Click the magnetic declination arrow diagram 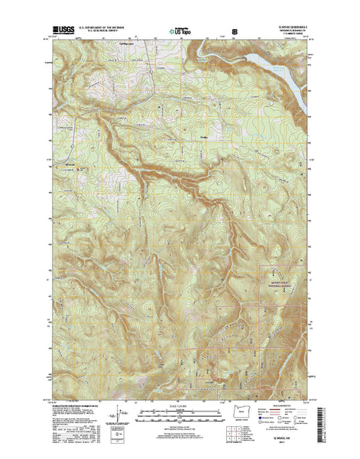tap(117, 417)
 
